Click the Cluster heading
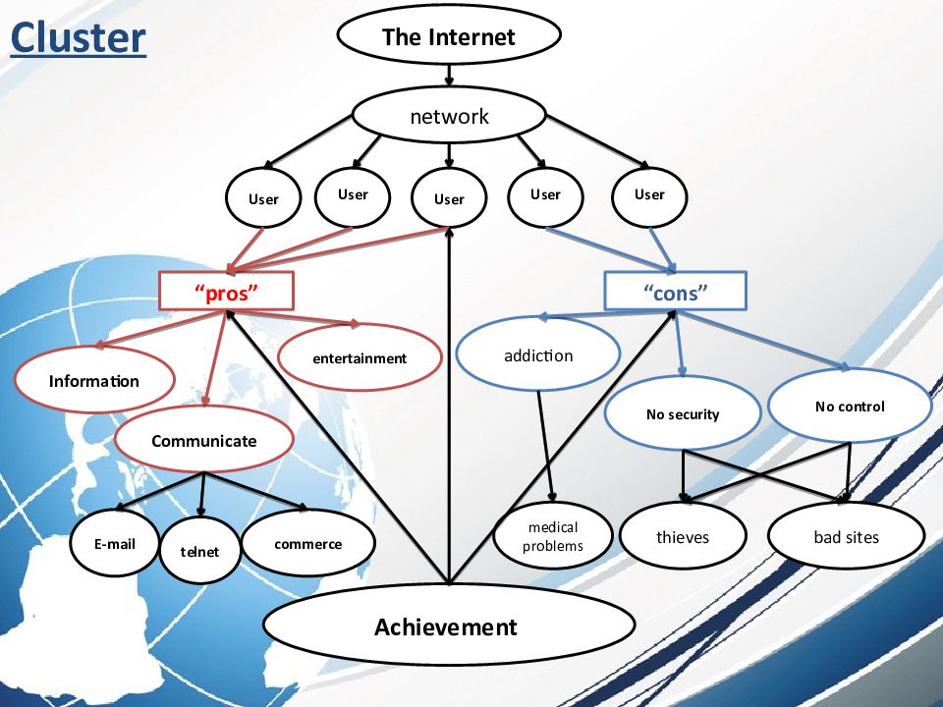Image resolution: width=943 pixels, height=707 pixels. [79, 38]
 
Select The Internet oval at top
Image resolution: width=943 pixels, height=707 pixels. [448, 37]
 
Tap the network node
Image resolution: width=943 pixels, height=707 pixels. [449, 117]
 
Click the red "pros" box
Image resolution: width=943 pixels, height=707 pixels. [226, 291]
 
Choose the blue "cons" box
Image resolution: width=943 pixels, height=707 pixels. [675, 291]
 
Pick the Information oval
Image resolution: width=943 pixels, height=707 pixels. [94, 380]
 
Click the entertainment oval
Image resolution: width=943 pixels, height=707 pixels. [359, 357]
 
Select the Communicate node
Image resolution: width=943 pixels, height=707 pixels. [203, 441]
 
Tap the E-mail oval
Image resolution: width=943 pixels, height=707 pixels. [116, 543]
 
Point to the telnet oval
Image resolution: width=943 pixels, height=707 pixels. [199, 551]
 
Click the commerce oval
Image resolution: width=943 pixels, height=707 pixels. [307, 543]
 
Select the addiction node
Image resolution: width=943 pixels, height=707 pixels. [538, 355]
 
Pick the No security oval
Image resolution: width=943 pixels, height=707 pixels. [683, 413]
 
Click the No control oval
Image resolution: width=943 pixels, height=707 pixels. [850, 406]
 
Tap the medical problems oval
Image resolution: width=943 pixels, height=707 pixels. [553, 537]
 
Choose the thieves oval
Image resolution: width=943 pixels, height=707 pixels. [683, 536]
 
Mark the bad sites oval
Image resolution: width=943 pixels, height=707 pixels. [846, 536]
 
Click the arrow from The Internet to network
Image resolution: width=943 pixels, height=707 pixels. [449, 75]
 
